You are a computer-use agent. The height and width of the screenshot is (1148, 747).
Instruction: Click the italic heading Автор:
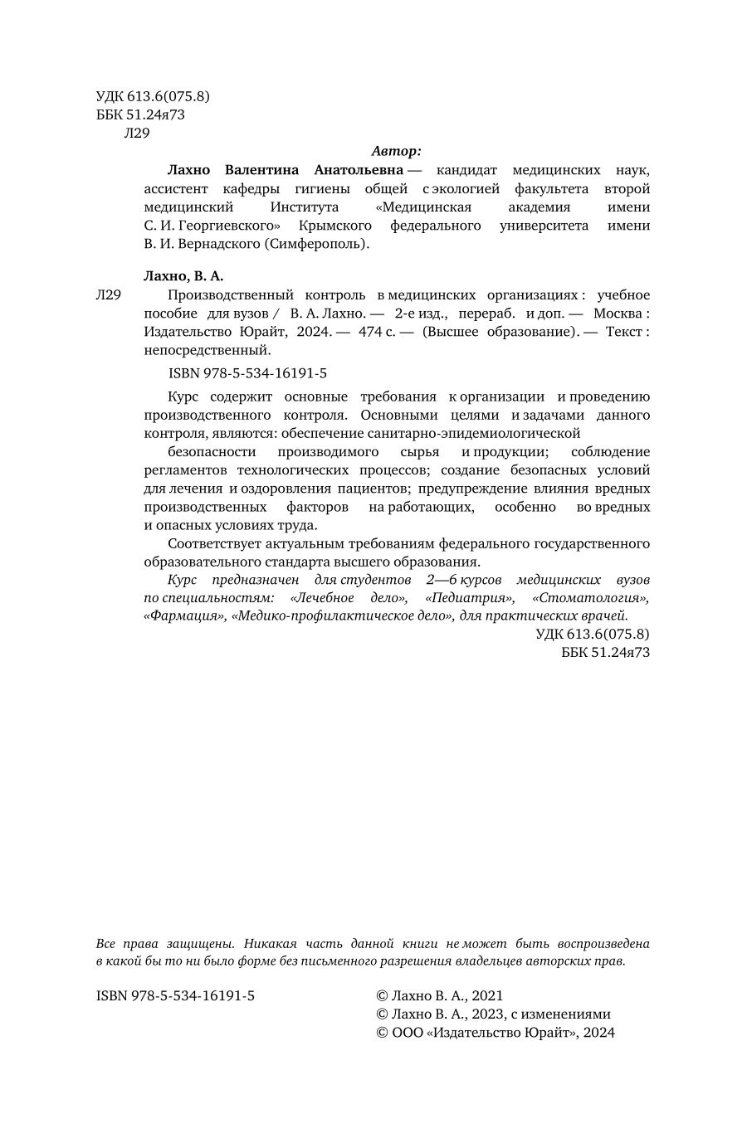[397, 151]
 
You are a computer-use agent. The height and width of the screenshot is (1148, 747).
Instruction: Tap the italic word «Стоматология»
[590, 597]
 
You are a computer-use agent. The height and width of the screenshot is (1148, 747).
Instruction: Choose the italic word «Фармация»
[186, 615]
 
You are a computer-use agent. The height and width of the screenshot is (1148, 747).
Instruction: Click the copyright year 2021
[487, 995]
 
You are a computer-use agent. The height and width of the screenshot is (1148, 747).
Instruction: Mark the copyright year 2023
[487, 1014]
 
